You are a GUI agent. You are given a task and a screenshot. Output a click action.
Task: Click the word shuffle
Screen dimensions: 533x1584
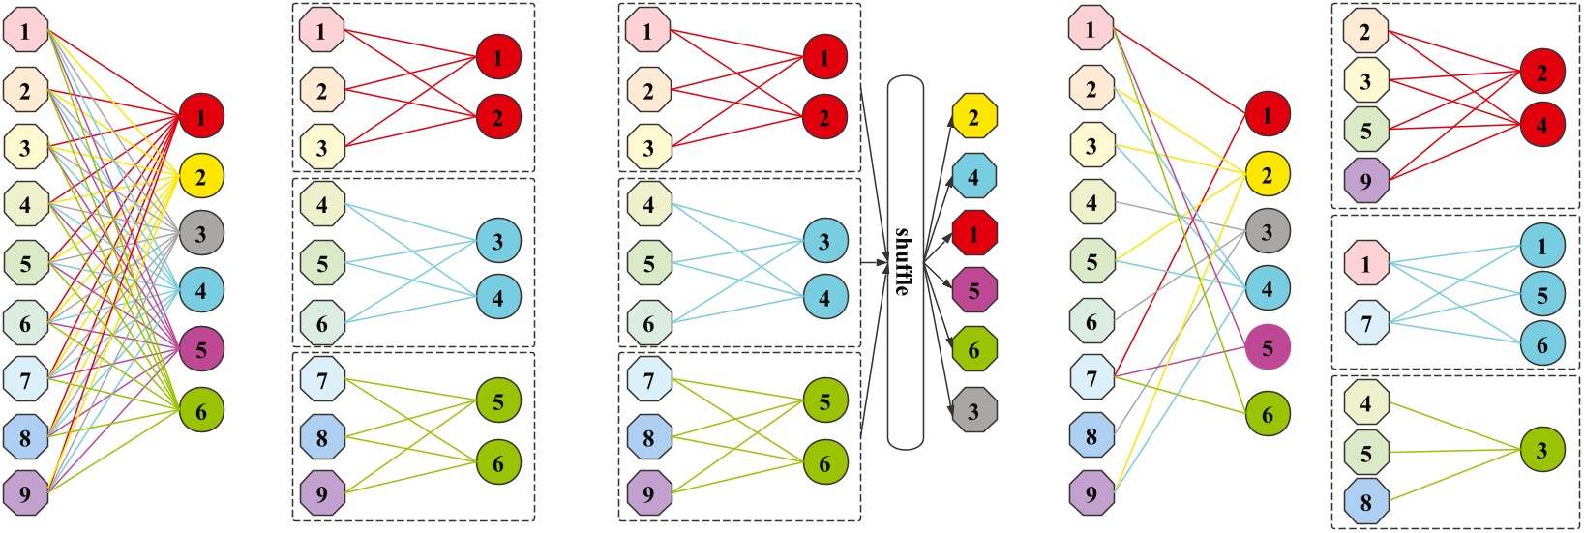point(904,261)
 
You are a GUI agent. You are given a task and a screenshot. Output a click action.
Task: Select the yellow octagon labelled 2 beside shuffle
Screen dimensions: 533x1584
point(973,118)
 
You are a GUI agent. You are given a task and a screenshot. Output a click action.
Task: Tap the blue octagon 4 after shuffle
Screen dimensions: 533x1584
point(973,177)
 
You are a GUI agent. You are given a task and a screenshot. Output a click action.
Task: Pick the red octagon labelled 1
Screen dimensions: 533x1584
point(973,233)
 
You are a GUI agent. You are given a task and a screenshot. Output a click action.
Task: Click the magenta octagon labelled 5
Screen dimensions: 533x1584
point(973,289)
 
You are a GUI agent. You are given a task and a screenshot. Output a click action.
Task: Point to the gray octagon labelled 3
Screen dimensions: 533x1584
point(973,410)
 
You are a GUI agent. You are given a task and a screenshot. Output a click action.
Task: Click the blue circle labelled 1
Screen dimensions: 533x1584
point(1542,246)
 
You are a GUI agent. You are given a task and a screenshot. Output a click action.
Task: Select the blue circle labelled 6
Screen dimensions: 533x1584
point(1542,343)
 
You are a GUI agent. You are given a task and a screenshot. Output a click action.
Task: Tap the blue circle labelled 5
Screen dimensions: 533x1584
point(1542,294)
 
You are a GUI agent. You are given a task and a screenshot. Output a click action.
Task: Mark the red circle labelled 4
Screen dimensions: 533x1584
point(1542,126)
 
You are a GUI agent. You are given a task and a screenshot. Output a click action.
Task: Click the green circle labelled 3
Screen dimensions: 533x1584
point(1542,451)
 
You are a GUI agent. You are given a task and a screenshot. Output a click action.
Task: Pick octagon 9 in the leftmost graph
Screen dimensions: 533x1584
point(25,493)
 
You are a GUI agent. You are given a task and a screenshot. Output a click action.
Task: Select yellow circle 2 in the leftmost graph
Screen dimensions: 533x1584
point(201,176)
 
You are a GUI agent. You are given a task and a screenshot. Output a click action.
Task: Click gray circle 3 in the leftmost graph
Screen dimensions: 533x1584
point(201,233)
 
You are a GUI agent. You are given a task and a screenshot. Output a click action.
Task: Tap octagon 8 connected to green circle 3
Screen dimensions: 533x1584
point(1365,502)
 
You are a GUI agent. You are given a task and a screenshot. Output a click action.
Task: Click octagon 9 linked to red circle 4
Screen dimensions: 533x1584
point(1365,180)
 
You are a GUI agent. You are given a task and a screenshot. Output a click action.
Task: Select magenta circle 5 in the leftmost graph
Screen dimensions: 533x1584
point(201,349)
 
